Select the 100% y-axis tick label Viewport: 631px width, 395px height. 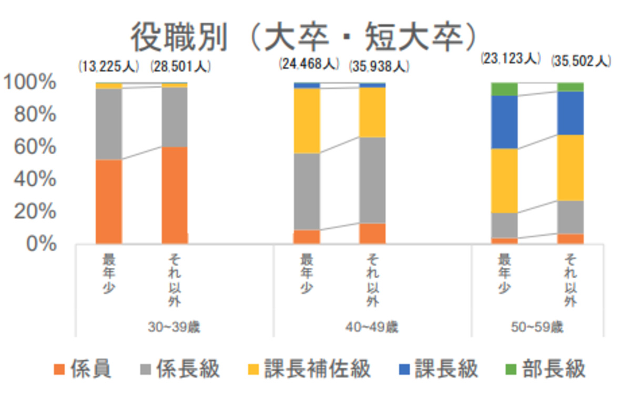[x=32, y=82]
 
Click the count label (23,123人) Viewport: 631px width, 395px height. [x=511, y=58]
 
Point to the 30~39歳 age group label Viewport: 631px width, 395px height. [x=174, y=327]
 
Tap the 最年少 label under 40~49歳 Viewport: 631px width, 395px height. [x=306, y=274]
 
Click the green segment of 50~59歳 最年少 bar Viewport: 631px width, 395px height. [x=504, y=89]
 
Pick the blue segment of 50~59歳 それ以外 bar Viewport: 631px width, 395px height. [x=570, y=113]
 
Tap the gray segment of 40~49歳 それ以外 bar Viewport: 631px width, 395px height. [x=372, y=180]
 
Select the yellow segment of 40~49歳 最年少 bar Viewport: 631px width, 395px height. [x=307, y=121]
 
